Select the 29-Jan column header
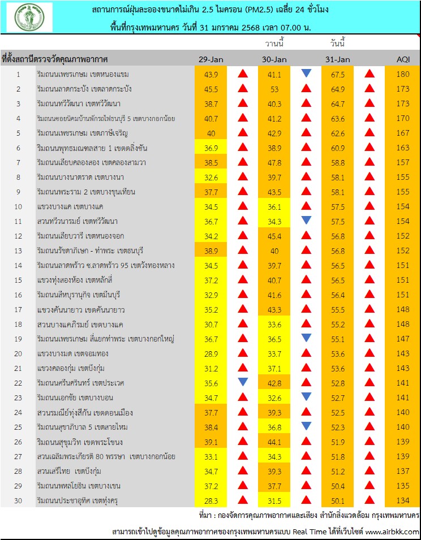pos(211,59)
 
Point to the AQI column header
pos(402,59)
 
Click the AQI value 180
pos(402,74)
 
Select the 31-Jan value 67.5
pos(338,74)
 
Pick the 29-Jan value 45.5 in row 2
pos(211,89)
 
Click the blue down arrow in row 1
pos(306,74)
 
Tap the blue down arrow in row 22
pos(243,382)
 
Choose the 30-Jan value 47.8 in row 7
pos(274,162)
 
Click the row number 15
pos(18,280)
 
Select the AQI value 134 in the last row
pos(402,500)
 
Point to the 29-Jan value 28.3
pos(211,500)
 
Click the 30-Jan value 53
pos(274,89)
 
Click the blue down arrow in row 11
pos(306,221)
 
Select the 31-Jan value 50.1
pos(338,500)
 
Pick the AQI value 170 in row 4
pos(402,118)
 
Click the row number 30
pos(18,500)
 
